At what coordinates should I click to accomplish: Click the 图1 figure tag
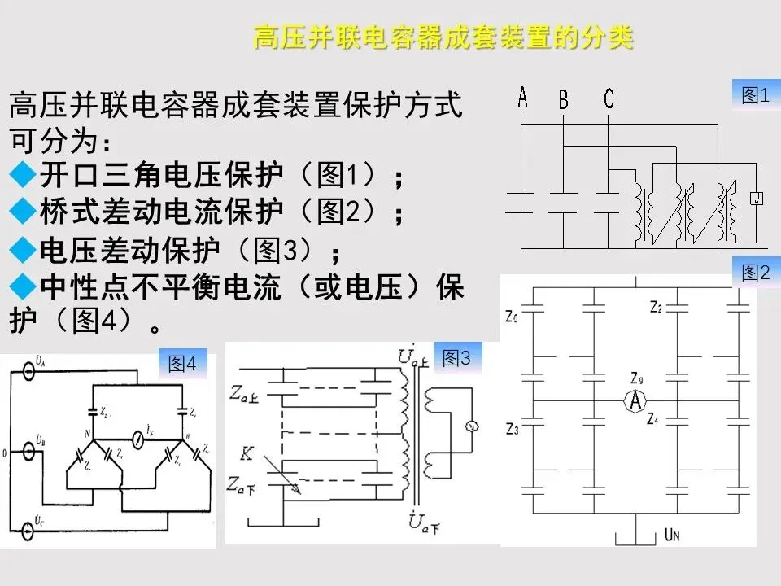(x=756, y=95)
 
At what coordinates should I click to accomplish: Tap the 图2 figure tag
(x=756, y=273)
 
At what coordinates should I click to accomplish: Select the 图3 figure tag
(x=456, y=357)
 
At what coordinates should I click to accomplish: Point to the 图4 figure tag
(x=182, y=364)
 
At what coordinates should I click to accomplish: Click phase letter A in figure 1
(x=522, y=98)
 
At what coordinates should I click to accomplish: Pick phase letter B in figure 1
(x=563, y=100)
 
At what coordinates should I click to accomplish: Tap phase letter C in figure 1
(x=609, y=99)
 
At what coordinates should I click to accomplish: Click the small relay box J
(x=757, y=198)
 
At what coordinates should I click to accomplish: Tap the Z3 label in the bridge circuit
(x=512, y=428)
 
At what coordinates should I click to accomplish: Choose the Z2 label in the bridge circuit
(x=656, y=307)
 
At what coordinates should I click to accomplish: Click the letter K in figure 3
(x=246, y=453)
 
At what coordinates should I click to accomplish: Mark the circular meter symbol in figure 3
(x=470, y=426)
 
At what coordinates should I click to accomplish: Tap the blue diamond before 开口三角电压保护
(x=21, y=174)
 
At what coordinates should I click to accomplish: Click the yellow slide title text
(x=443, y=38)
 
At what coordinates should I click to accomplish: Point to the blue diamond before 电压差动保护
(x=21, y=249)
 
